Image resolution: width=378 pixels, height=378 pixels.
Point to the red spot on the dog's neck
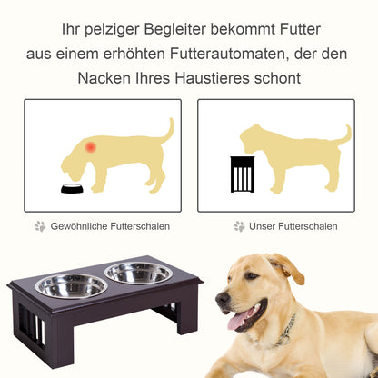coord(90,145)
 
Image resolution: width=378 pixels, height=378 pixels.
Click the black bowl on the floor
coord(72,189)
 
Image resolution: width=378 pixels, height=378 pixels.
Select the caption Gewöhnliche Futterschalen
coord(110,226)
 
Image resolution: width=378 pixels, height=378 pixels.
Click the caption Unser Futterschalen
coord(294,226)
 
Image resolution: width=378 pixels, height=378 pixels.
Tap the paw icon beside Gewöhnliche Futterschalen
coord(40,226)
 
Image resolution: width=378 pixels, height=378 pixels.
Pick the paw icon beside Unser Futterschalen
coord(239,226)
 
